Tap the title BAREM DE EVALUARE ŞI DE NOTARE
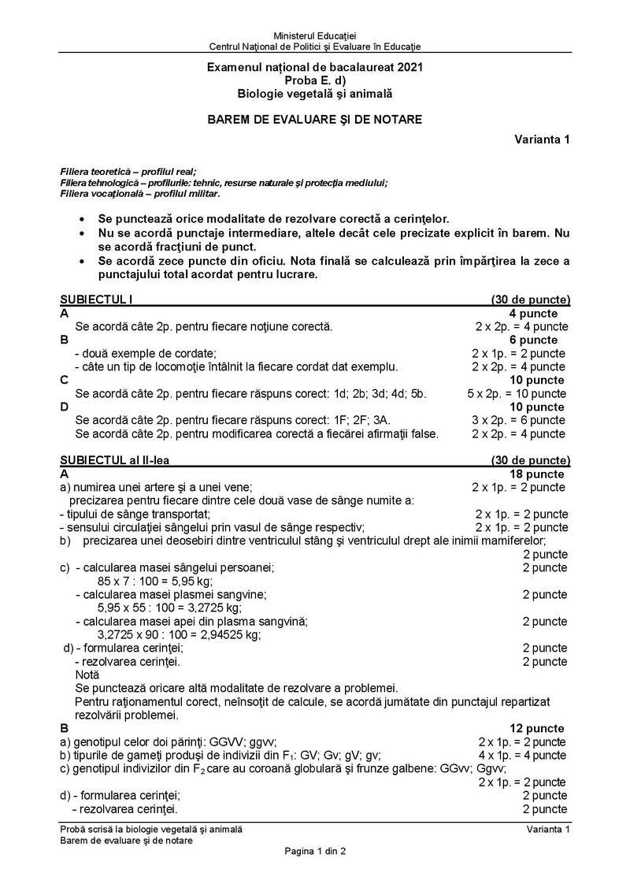pos(314,120)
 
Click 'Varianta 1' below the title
pos(543,139)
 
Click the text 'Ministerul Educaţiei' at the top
pos(314,36)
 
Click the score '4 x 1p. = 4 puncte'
pos(521,755)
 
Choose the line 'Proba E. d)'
pos(314,81)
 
